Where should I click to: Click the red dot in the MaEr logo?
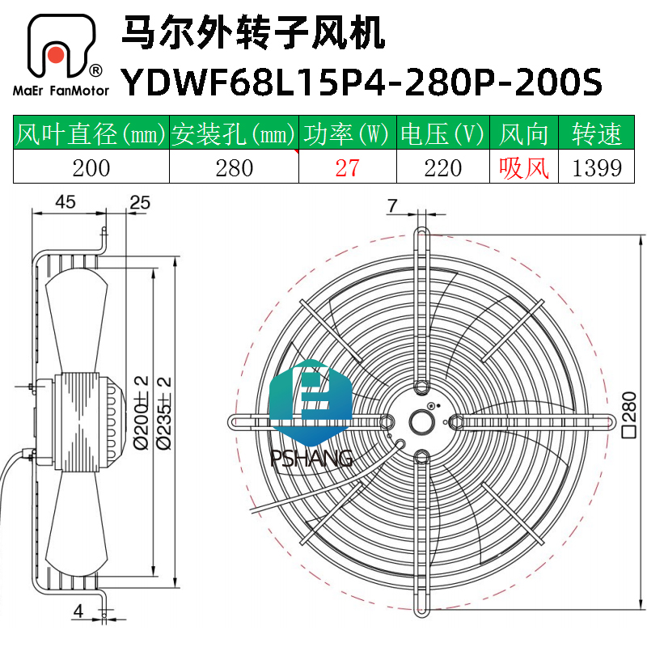coord(55,55)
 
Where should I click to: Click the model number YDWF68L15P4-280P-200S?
coord(362,82)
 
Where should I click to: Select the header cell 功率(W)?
coord(348,133)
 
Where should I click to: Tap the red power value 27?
coord(348,167)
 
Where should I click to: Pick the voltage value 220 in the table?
coord(442,168)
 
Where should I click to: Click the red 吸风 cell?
coord(523,167)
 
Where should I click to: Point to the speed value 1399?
coord(597,168)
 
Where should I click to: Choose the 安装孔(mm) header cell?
coord(234,133)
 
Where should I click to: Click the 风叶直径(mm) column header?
coord(91,133)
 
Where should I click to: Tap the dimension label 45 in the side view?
coord(66,201)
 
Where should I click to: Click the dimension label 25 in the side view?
coord(140,202)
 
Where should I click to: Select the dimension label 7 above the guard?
coord(392,205)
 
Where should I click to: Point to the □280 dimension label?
coord(629,414)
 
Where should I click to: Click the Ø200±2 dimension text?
coord(142,412)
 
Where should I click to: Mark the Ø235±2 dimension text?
coord(164,412)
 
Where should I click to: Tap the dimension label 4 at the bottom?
coord(78,611)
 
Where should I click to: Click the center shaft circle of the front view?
coord(421,421)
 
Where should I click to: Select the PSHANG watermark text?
coord(311,458)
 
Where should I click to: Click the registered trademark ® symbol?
coord(95,71)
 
